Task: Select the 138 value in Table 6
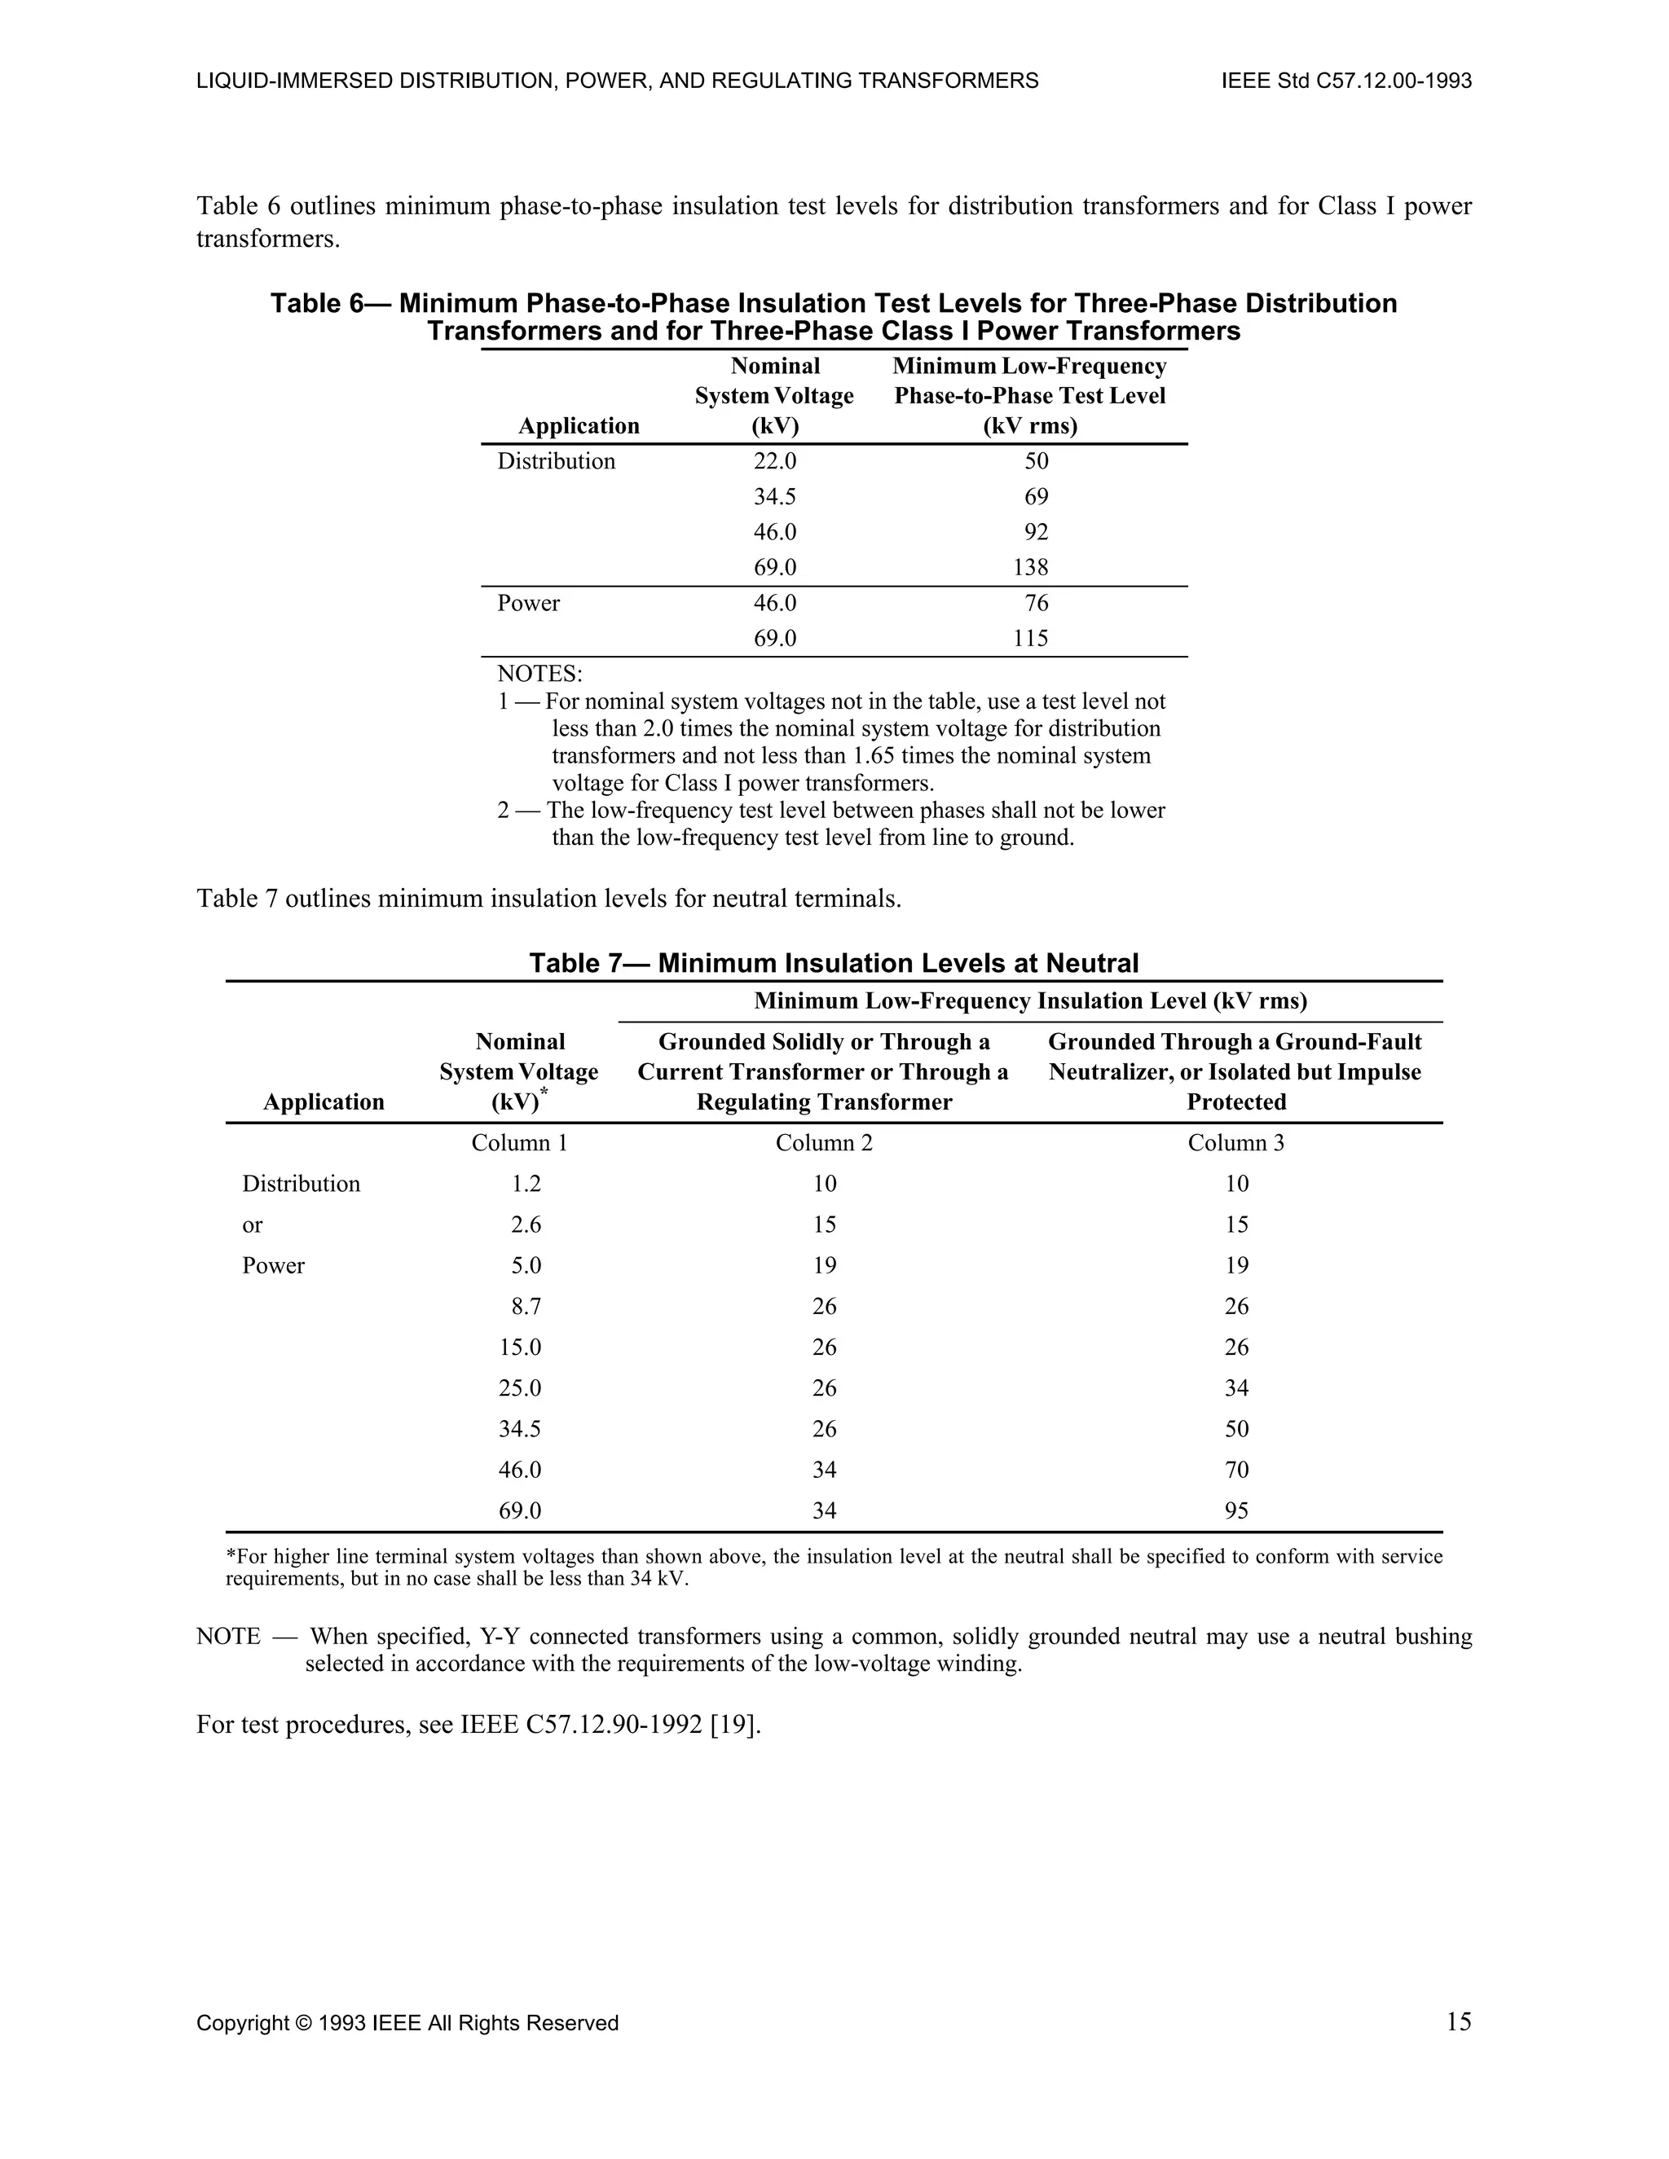[x=1030, y=567]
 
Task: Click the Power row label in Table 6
[x=528, y=603]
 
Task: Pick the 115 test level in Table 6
[x=1030, y=639]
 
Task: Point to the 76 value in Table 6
[x=1037, y=603]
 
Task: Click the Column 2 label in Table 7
[x=824, y=1143]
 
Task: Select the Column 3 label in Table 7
[x=1236, y=1143]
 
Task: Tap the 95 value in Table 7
[x=1236, y=1510]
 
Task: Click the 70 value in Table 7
[x=1236, y=1470]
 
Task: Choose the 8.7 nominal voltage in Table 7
[x=526, y=1307]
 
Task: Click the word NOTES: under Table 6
[x=539, y=675]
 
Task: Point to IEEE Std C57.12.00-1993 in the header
[x=1346, y=81]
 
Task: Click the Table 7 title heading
[x=834, y=963]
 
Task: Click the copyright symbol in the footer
[x=302, y=2024]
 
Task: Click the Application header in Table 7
[x=324, y=1102]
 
